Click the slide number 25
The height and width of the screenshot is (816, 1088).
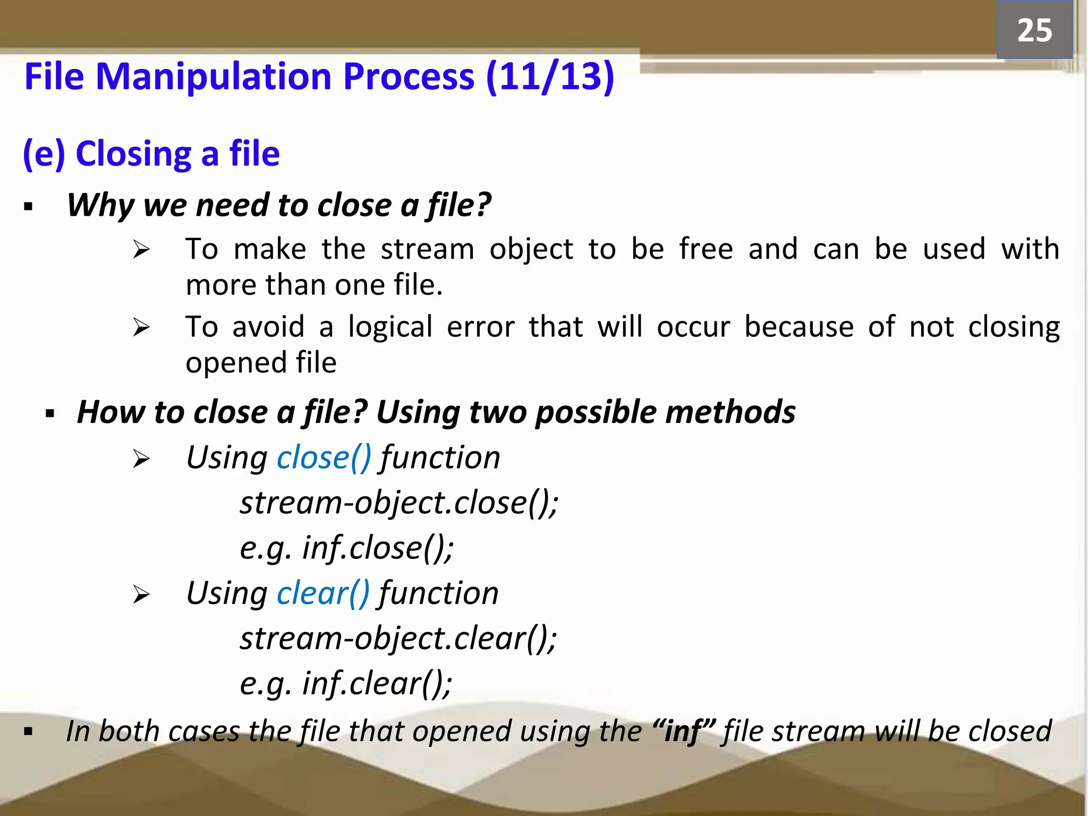pos(1034,30)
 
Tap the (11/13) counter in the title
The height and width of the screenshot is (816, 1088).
pos(550,77)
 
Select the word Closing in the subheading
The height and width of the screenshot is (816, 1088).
pos(133,154)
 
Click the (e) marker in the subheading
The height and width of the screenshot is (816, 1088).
pos(44,154)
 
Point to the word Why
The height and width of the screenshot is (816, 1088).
pos(100,205)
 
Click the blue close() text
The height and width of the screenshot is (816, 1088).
pos(324,457)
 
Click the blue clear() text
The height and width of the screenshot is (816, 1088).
pos(322,593)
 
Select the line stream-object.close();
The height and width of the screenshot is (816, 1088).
pos(398,503)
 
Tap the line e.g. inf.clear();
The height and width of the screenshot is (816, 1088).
pos(345,683)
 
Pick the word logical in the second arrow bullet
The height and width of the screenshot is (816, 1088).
pos(390,327)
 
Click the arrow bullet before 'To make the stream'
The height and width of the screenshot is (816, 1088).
pos(141,249)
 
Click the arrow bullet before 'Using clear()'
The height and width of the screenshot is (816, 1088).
pos(141,594)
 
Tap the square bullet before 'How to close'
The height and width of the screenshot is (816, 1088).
pos(50,413)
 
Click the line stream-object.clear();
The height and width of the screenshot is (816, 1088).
pos(397,638)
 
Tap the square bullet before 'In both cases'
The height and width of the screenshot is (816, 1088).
pos(28,733)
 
